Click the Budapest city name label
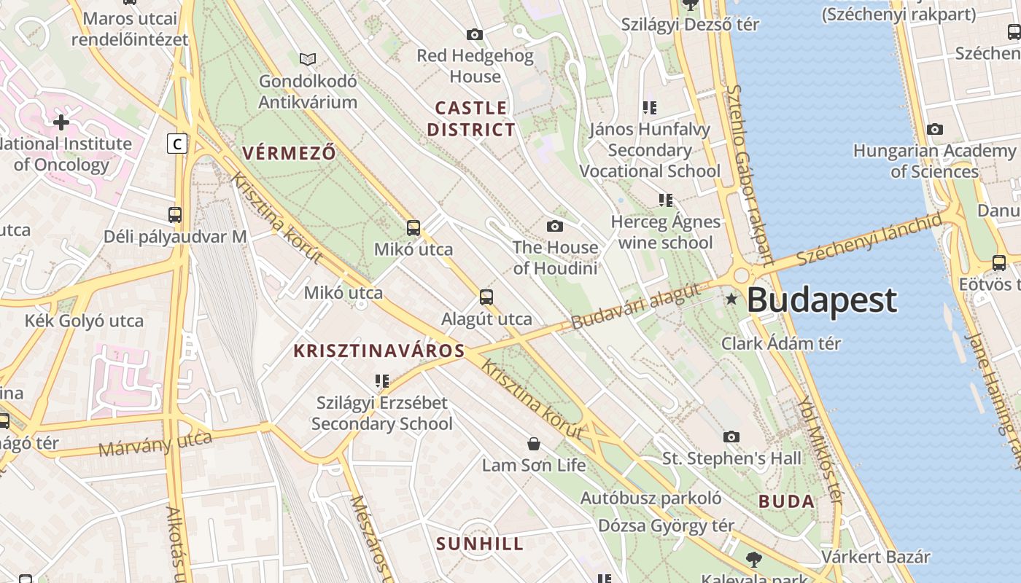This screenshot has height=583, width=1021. point(822,300)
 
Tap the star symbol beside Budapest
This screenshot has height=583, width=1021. point(731,299)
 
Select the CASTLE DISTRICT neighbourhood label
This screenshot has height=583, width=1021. point(471,119)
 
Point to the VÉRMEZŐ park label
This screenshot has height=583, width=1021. point(289,153)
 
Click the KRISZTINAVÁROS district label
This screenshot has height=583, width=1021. point(378,351)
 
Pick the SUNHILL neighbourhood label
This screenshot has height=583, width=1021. point(480,544)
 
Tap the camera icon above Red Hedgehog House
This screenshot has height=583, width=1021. point(475,34)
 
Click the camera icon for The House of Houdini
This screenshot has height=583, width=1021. point(555,226)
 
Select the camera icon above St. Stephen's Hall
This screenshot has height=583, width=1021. point(731,437)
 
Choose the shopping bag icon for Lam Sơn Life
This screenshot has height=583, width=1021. point(534,443)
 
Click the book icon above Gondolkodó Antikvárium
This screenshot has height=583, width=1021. point(308,59)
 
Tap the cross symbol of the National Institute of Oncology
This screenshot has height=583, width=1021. point(61,122)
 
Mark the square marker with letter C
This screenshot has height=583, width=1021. point(176,144)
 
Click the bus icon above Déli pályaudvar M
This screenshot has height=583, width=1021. point(175,215)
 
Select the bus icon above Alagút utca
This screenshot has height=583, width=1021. point(486,297)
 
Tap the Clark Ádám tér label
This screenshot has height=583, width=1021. point(781,343)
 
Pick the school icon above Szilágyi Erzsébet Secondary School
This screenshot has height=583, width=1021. point(381,380)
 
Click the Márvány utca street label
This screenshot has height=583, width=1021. point(155,442)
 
